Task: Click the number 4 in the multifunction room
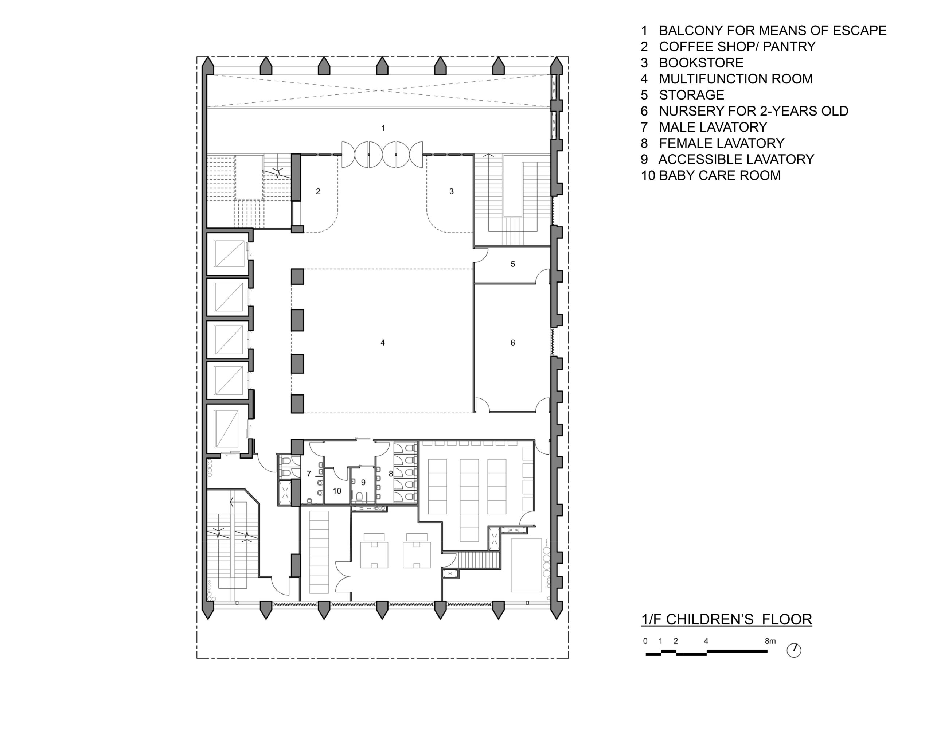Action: (x=383, y=343)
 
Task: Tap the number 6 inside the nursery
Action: (x=513, y=343)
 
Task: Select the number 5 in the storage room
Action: (x=513, y=264)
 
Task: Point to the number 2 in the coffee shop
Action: (x=318, y=192)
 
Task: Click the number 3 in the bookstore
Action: (x=452, y=192)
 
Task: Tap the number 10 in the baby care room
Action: (x=337, y=491)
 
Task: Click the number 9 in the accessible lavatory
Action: (x=363, y=483)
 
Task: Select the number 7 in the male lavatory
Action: (x=309, y=474)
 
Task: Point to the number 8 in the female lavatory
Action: (x=391, y=474)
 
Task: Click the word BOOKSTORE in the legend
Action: (x=701, y=63)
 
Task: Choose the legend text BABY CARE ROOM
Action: (x=720, y=175)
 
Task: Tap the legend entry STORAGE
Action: (x=692, y=95)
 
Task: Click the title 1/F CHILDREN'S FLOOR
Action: (x=726, y=619)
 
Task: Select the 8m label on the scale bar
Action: (x=770, y=641)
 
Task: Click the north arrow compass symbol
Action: (x=794, y=650)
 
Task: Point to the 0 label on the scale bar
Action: (x=645, y=641)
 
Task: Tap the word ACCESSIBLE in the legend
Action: (x=698, y=159)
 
